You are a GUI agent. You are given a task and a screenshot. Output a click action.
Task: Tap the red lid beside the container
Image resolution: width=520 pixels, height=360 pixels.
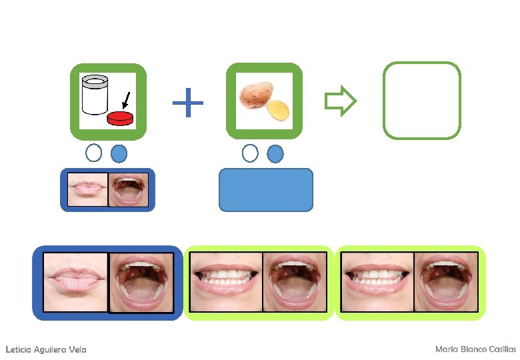coord(121,119)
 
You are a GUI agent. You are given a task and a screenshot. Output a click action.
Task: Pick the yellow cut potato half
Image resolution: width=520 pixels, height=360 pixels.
coord(279,111)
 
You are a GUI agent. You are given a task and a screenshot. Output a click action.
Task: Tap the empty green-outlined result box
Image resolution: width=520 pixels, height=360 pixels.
coord(422,101)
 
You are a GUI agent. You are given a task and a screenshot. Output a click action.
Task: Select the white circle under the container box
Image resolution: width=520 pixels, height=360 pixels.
coord(94,153)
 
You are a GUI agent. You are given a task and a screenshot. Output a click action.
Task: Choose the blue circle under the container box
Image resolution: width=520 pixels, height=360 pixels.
coord(119,153)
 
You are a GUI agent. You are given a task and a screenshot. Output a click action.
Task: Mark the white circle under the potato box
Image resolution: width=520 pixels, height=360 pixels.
coord(250,153)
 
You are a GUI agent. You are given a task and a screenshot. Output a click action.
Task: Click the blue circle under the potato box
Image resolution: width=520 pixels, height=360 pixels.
coord(275,153)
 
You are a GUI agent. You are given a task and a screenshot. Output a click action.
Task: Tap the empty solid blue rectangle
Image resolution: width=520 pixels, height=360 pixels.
coord(265,189)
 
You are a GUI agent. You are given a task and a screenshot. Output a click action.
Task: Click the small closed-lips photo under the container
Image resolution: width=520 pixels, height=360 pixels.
coord(87,190)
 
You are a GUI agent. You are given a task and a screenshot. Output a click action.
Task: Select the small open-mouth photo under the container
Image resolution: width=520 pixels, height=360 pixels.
coord(128,190)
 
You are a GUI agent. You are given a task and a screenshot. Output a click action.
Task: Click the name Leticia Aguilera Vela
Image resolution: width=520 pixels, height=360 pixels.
coord(45,349)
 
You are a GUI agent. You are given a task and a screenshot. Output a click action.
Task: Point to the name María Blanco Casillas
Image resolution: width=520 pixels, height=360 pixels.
coord(475,349)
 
